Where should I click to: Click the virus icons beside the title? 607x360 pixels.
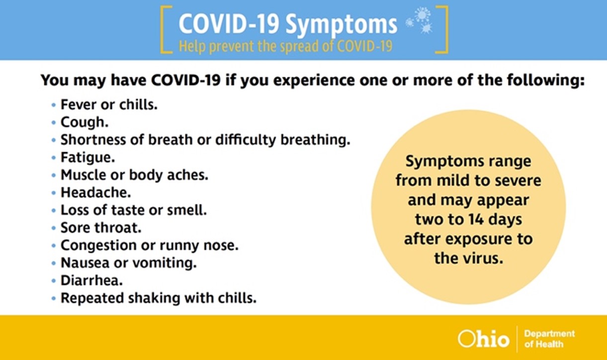pyautogui.click(x=419, y=20)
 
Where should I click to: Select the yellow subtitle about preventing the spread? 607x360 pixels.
pyautogui.click(x=285, y=46)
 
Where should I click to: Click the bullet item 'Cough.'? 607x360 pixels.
pyautogui.click(x=85, y=122)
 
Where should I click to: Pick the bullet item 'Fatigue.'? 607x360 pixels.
pyautogui.click(x=88, y=158)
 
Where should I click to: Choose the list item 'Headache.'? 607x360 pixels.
pyautogui.click(x=95, y=192)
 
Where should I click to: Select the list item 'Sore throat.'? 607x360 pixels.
pyautogui.click(x=101, y=228)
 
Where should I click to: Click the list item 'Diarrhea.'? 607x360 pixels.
pyautogui.click(x=91, y=280)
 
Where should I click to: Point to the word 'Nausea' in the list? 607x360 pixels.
pyautogui.click(x=85, y=263)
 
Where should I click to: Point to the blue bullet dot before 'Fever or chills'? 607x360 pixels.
pyautogui.click(x=54, y=105)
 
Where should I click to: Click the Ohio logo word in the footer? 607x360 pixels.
pyautogui.click(x=483, y=339)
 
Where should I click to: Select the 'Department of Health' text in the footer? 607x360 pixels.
pyautogui.click(x=549, y=339)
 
